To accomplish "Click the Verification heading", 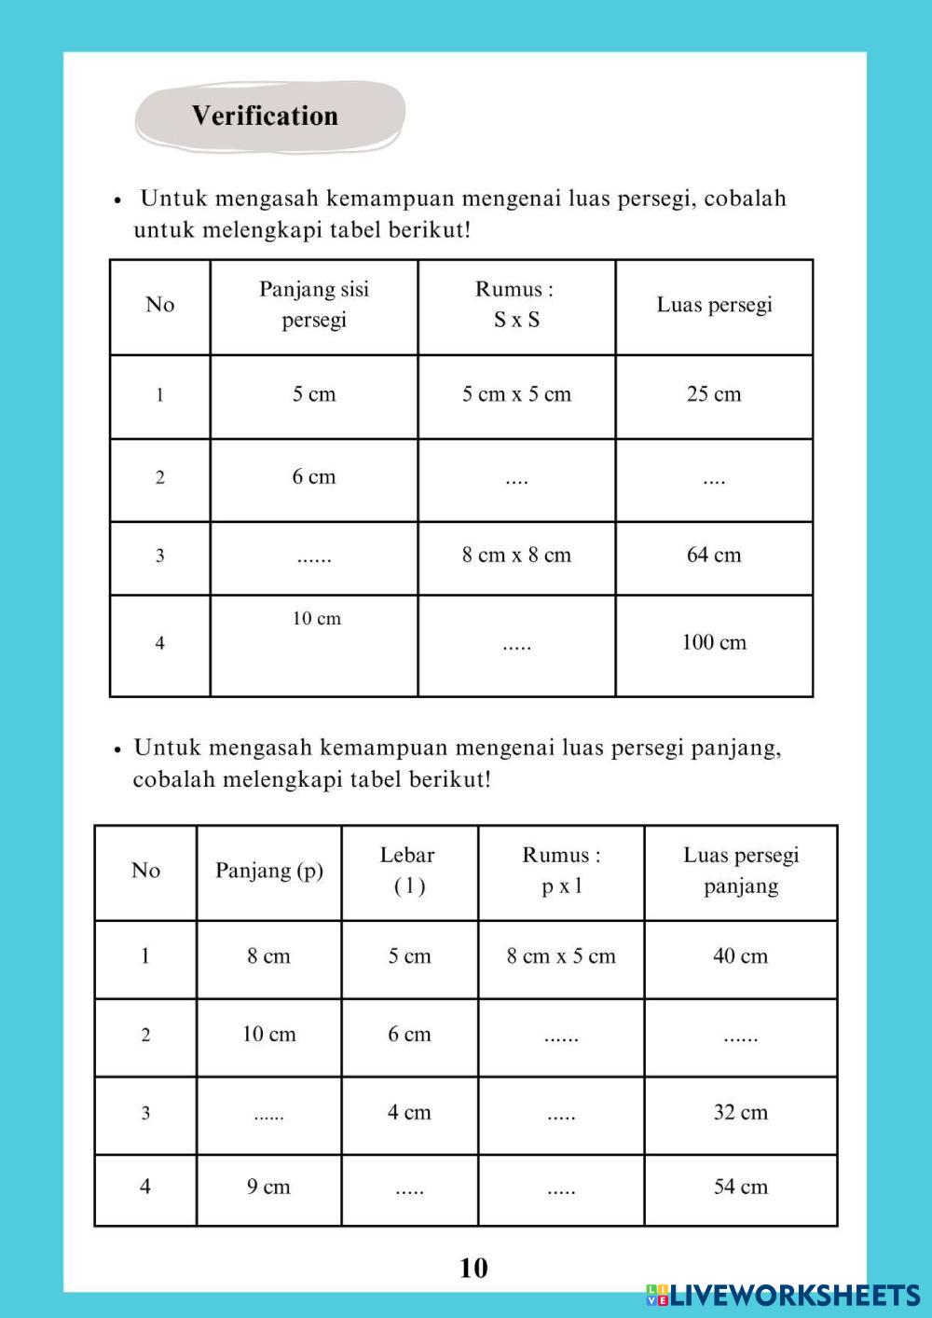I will (266, 116).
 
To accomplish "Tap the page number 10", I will (473, 1268).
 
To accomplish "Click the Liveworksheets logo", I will (783, 1294).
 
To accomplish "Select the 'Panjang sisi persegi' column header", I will (314, 305).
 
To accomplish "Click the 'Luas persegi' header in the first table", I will (714, 305).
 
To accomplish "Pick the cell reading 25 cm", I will (714, 394).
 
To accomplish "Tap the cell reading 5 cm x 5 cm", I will (516, 394).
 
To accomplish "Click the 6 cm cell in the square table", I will (314, 477).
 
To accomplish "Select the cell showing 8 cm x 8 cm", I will (516, 556).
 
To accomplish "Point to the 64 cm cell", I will (714, 556).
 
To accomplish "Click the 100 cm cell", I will (714, 642).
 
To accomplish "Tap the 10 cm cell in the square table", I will (317, 619).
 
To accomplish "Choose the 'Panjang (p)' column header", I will (269, 871).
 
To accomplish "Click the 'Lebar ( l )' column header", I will (409, 871).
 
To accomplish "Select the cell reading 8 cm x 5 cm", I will (561, 956).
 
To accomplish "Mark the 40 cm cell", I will (741, 956).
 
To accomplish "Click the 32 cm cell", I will (741, 1113).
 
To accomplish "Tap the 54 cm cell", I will (741, 1188).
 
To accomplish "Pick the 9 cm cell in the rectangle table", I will (268, 1188).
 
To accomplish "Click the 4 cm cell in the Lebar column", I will (409, 1113).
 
